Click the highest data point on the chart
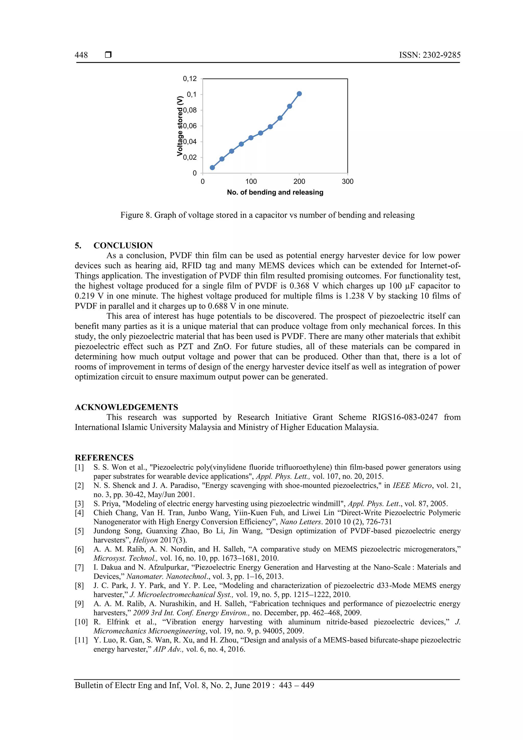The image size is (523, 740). pyautogui.click(x=299, y=94)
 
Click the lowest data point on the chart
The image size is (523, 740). pyautogui.click(x=212, y=168)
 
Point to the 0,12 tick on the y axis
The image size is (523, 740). pyautogui.click(x=190, y=79)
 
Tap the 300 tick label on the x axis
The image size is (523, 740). pyautogui.click(x=347, y=181)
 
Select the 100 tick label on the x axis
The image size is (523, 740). pyautogui.click(x=251, y=181)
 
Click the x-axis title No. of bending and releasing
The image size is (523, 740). pyautogui.click(x=275, y=192)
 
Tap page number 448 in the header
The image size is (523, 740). pyautogui.click(x=81, y=55)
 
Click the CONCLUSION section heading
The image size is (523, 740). pyautogui.click(x=123, y=245)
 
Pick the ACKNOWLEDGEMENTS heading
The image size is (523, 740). pyautogui.click(x=126, y=407)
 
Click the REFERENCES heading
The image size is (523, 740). pyautogui.click(x=104, y=458)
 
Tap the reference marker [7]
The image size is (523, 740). pyautogui.click(x=79, y=567)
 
